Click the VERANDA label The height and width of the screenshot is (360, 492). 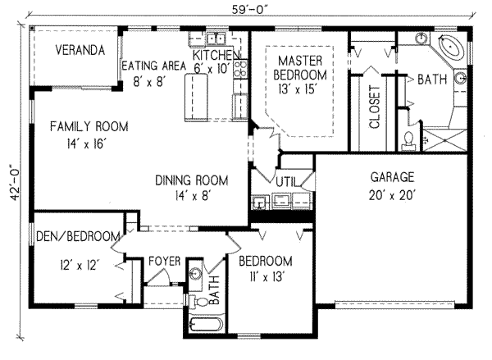(x=81, y=51)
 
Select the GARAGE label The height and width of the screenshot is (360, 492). (x=391, y=176)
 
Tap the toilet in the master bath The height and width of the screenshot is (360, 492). (x=408, y=141)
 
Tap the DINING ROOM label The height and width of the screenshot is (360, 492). (x=191, y=180)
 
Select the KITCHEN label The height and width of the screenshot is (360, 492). (x=215, y=56)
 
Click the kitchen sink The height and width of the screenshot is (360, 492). (x=216, y=38)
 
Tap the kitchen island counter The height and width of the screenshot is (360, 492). (x=198, y=95)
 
